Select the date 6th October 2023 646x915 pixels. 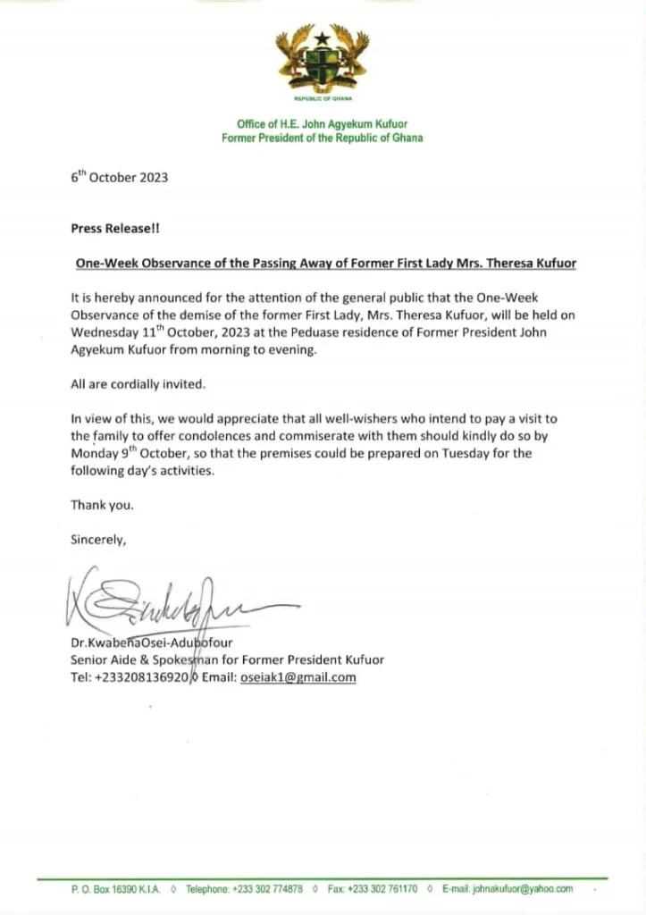pyautogui.click(x=119, y=178)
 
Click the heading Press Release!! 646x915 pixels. pyautogui.click(x=115, y=228)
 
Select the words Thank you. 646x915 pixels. pyautogui.click(x=103, y=505)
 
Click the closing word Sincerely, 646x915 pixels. pyautogui.click(x=99, y=539)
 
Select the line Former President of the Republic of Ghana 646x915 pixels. pyautogui.click(x=323, y=139)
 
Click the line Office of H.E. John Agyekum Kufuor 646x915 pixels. pyautogui.click(x=323, y=124)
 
